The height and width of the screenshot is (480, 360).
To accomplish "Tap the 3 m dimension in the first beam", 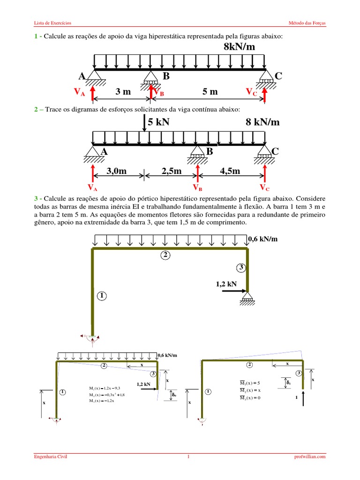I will pos(123,92).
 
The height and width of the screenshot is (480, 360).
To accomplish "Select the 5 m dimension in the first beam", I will pos(210,92).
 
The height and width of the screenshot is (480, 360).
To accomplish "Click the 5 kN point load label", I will pos(158,122).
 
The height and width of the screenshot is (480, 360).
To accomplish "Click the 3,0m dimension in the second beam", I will pos(117,172).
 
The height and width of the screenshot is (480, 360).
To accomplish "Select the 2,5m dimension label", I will pos(171,172).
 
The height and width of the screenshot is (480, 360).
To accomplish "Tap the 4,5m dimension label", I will pos(230,172).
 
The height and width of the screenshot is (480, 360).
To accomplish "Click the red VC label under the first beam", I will pos(251,93).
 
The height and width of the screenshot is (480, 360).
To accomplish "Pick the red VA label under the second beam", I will pos(92,188).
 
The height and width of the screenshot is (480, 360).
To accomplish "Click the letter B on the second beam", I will pos(209,151).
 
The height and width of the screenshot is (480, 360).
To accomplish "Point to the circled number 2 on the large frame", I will pos(165,255).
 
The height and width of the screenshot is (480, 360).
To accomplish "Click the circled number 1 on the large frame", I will pos(102,295).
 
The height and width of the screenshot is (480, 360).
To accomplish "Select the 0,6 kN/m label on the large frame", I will pos(262,239).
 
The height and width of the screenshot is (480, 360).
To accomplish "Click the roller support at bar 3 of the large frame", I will pos(247,297).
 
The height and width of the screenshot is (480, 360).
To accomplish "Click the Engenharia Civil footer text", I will pos(51,457).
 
